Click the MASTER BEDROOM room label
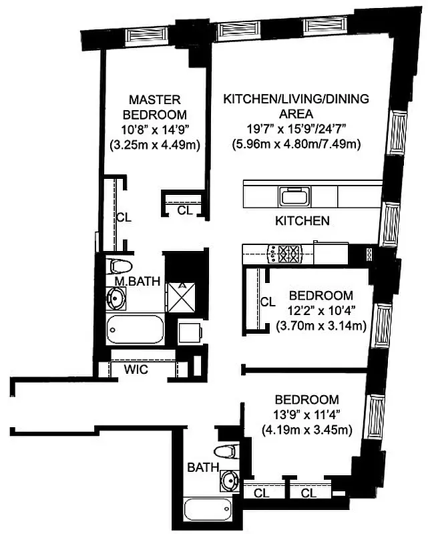pyautogui.click(x=154, y=106)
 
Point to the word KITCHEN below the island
pyautogui.click(x=302, y=220)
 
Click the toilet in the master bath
pyautogui.click(x=122, y=266)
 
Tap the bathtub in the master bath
pyautogui.click(x=134, y=329)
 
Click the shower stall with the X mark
pyautogui.click(x=180, y=294)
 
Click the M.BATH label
pyautogui.click(x=137, y=282)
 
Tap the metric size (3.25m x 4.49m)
pyautogui.click(x=154, y=144)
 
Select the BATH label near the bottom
pyautogui.click(x=202, y=467)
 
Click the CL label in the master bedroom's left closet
pyautogui.click(x=124, y=217)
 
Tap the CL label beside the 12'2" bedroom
pyautogui.click(x=268, y=302)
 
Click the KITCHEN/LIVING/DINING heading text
pyautogui.click(x=296, y=99)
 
